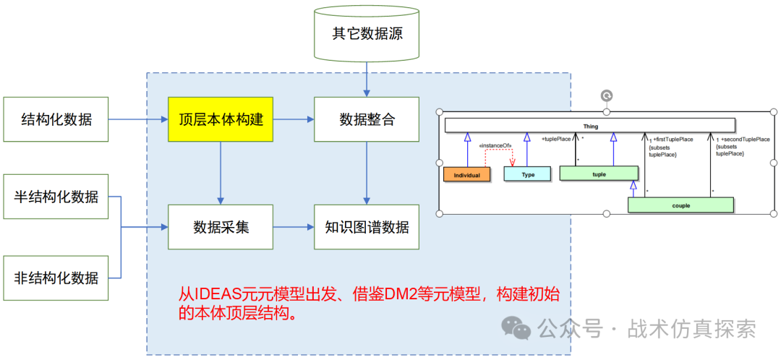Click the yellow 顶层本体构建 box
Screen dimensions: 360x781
[221, 119]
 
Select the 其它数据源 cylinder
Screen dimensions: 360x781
[367, 34]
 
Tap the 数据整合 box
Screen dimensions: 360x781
[367, 119]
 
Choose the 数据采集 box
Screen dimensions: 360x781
[221, 227]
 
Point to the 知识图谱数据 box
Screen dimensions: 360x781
[367, 227]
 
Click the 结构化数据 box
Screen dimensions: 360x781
[56, 119]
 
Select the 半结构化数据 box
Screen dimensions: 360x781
[56, 197]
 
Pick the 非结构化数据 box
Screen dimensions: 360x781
[56, 277]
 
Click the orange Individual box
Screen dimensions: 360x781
[466, 174]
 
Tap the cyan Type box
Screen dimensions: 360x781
[528, 174]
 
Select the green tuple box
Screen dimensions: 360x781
[599, 173]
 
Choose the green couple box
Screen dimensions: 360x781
[680, 205]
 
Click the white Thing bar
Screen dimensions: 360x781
[590, 126]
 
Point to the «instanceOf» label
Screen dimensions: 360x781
[495, 146]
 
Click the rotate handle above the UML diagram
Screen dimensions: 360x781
[607, 95]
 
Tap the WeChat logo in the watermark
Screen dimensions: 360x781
[516, 329]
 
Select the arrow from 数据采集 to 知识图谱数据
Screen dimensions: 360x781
[293, 227]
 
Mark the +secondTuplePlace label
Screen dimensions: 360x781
[745, 139]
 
